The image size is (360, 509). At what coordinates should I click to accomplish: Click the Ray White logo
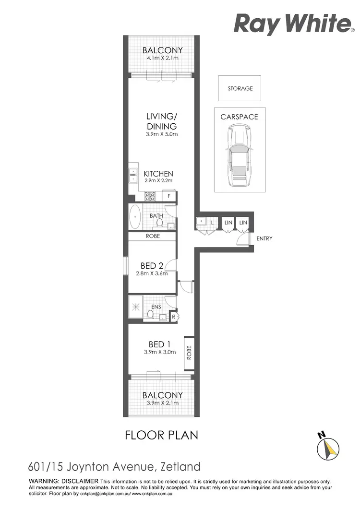(x=292, y=24)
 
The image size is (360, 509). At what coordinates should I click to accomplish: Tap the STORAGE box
(x=240, y=88)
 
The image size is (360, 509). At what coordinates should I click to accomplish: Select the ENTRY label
(x=264, y=238)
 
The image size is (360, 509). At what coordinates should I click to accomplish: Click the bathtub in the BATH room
(x=135, y=217)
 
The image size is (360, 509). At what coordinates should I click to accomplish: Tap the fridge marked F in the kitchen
(x=169, y=196)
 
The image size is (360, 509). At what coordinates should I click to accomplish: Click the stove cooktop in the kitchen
(x=150, y=196)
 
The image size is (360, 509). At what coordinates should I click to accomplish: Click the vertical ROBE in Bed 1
(x=189, y=353)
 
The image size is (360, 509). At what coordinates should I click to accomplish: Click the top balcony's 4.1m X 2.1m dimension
(x=163, y=59)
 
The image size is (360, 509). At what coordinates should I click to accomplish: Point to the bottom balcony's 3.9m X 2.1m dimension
(x=163, y=403)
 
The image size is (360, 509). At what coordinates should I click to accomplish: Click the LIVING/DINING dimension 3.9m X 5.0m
(x=162, y=134)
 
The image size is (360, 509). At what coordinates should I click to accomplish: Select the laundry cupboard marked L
(x=212, y=223)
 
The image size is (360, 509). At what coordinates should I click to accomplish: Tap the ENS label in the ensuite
(x=156, y=307)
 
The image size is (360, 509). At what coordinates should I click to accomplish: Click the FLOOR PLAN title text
(x=161, y=435)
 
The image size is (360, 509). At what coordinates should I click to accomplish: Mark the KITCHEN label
(x=159, y=174)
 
